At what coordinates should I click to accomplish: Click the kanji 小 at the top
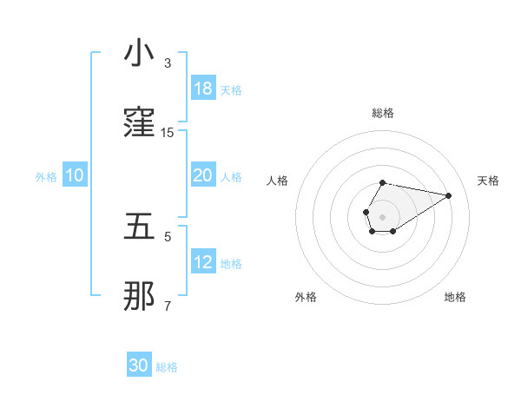click(x=139, y=54)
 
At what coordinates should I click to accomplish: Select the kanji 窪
click(x=139, y=123)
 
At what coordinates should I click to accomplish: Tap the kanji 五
click(x=139, y=227)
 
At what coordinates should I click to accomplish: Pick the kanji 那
click(x=139, y=297)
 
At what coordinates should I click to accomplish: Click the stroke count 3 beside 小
click(x=168, y=63)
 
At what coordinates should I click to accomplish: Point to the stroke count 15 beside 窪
click(x=168, y=133)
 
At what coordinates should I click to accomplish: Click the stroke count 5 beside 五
click(x=168, y=236)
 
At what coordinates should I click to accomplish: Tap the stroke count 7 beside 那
click(x=168, y=306)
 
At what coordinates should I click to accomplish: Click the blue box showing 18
click(x=202, y=89)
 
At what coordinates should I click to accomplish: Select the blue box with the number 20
click(x=202, y=175)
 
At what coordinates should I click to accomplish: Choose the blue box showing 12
click(x=202, y=262)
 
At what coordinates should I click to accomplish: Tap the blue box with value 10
click(x=75, y=175)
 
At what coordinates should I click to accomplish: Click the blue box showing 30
click(x=139, y=366)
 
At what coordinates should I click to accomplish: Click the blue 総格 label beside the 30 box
click(x=167, y=367)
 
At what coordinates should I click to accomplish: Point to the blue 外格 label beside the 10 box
click(x=46, y=176)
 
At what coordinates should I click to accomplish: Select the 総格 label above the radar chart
click(x=382, y=113)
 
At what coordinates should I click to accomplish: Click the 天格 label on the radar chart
click(x=488, y=181)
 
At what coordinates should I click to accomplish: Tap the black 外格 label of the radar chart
click(x=306, y=298)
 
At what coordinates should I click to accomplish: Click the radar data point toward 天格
click(x=449, y=194)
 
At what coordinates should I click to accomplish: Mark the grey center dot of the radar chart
click(x=382, y=215)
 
